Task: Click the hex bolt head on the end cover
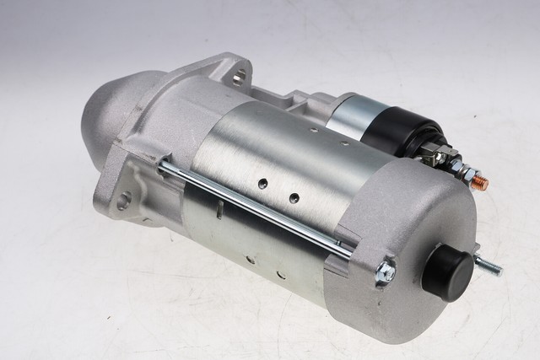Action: pos(385,271)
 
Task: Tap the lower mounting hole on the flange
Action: pos(124,200)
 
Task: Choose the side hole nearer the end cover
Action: pos(294,198)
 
